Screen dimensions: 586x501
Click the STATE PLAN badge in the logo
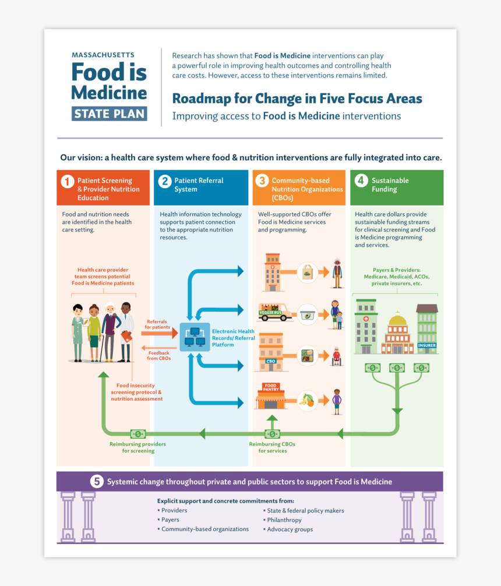110,114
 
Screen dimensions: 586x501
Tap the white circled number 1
68,181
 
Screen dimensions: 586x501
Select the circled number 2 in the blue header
165,181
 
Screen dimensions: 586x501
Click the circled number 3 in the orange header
263,181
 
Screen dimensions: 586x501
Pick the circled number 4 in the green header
361,181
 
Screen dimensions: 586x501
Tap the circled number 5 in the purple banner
97,482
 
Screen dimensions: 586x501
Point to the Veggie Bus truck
274,313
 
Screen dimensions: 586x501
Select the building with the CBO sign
271,352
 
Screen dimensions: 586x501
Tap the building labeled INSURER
427,329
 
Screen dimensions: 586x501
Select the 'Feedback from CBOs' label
159,355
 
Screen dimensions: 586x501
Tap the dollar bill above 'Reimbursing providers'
138,434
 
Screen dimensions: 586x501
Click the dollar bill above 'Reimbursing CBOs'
272,434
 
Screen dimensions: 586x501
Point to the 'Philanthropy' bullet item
284,520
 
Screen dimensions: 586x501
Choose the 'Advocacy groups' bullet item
290,529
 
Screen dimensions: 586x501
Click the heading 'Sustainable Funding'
390,185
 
